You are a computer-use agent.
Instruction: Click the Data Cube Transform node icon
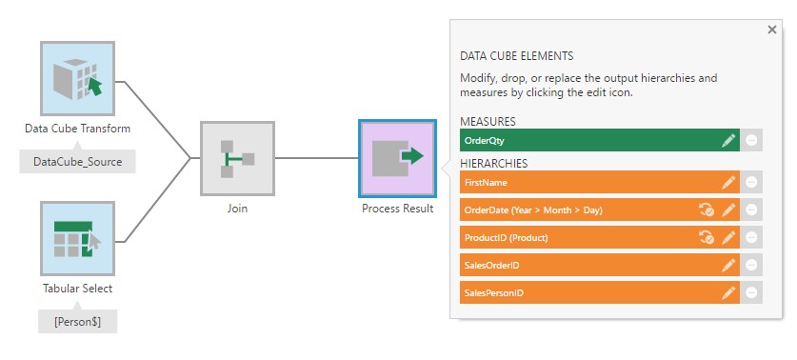click(78, 78)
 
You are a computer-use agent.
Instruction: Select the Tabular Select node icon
click(78, 237)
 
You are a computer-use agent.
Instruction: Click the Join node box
click(237, 158)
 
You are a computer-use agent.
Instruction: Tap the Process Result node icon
click(397, 158)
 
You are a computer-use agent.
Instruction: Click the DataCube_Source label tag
click(77, 162)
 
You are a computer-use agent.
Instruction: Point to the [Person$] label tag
click(77, 321)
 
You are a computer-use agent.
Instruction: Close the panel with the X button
click(771, 30)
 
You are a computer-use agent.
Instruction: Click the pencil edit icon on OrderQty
click(728, 140)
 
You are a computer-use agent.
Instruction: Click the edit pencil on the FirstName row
click(728, 182)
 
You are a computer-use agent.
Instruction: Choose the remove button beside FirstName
click(752, 182)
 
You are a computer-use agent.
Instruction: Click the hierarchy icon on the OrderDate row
click(707, 210)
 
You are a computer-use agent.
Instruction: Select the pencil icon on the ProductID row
click(728, 237)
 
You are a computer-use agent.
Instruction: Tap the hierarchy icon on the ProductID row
click(707, 237)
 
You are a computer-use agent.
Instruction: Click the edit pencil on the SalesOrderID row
click(728, 265)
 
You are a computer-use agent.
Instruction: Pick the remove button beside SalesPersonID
click(752, 292)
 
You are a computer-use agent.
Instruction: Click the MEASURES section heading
click(488, 122)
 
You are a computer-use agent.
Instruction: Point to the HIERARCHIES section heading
click(493, 164)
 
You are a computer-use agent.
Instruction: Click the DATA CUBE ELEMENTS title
click(516, 56)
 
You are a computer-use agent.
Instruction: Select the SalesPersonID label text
click(493, 293)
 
